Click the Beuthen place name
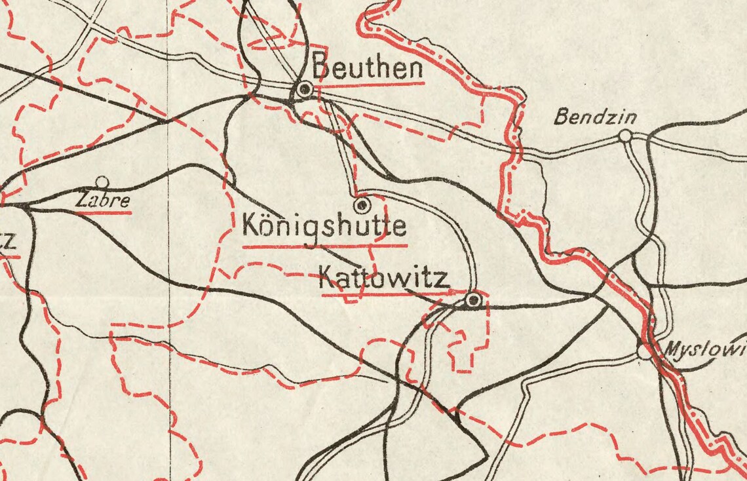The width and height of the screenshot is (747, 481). [x=367, y=67]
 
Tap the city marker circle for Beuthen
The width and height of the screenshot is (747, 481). [x=303, y=90]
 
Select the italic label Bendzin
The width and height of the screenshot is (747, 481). [x=595, y=117]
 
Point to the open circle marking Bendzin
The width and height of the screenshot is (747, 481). [x=625, y=136]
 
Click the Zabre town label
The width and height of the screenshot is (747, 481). [x=102, y=201]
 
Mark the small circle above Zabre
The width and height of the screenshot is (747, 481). [x=102, y=182]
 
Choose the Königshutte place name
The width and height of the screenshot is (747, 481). [x=324, y=226]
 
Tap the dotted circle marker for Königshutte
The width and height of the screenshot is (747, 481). [x=361, y=206]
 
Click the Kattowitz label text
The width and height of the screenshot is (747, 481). [x=384, y=279]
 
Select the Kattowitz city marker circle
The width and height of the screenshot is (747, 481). [x=472, y=300]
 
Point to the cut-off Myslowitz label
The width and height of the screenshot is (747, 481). [x=705, y=349]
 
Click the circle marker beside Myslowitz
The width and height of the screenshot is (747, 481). [x=643, y=353]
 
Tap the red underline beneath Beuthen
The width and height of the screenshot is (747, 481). [x=369, y=84]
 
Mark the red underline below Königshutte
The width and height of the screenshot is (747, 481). [x=325, y=246]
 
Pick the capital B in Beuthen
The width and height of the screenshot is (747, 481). [x=320, y=67]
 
